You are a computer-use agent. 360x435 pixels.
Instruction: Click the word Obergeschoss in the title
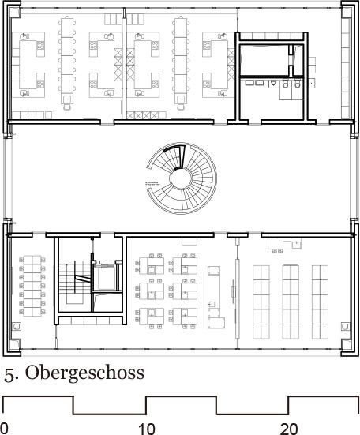pyautogui.click(x=77, y=373)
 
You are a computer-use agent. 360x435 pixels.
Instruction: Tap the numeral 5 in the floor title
pyautogui.click(x=9, y=373)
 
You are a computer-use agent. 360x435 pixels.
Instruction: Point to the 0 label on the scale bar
pyautogui.click(x=5, y=428)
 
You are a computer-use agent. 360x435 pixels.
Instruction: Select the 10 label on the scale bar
pyautogui.click(x=146, y=428)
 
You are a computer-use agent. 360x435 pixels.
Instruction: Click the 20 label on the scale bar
pyautogui.click(x=289, y=428)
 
